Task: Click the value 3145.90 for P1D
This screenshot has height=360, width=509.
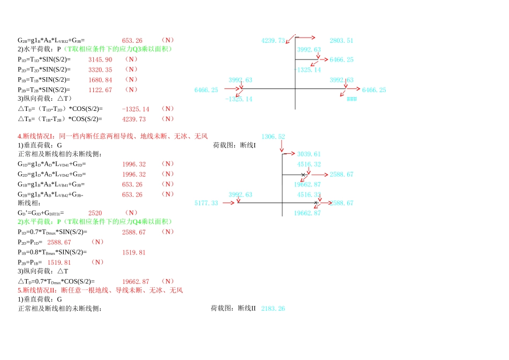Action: (x=100, y=59)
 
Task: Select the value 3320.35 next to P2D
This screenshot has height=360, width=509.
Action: (x=100, y=70)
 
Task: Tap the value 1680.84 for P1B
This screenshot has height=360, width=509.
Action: (x=100, y=80)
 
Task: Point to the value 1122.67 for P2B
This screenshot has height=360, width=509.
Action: (x=100, y=90)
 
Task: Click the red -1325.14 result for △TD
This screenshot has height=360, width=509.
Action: (x=136, y=109)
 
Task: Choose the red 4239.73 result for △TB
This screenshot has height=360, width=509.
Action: (x=134, y=119)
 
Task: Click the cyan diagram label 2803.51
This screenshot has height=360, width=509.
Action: (x=341, y=41)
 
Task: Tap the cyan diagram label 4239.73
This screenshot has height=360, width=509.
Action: (x=273, y=41)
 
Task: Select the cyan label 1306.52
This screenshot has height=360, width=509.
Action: (x=273, y=137)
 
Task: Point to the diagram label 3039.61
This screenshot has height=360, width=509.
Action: (x=309, y=154)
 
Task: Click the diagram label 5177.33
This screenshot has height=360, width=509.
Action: (x=206, y=203)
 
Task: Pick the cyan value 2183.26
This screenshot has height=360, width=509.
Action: (x=273, y=309)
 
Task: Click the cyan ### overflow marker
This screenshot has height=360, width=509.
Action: (x=351, y=100)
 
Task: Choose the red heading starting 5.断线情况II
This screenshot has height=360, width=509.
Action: (x=100, y=290)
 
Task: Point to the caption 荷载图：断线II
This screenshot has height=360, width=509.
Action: (x=234, y=309)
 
